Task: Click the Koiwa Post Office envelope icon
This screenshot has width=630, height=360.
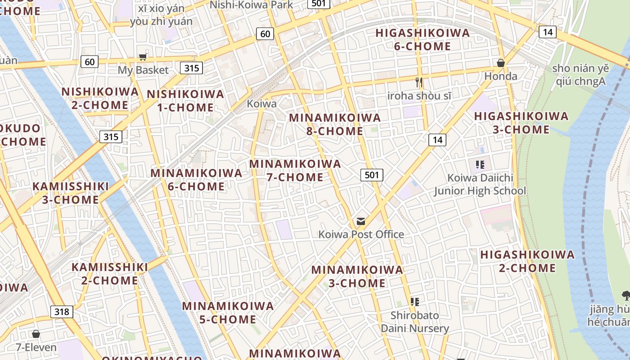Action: tap(360, 221)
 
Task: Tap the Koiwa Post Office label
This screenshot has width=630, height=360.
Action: tap(361, 234)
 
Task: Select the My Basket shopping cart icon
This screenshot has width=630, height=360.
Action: tap(143, 57)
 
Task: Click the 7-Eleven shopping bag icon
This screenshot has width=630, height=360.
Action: tap(36, 334)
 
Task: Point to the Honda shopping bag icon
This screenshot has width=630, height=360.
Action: tap(500, 63)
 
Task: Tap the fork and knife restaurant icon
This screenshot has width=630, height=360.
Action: tap(419, 82)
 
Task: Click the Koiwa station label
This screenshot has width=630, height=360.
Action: tap(261, 103)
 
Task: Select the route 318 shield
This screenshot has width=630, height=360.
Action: tap(62, 311)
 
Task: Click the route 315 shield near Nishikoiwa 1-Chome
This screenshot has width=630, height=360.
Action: tap(191, 68)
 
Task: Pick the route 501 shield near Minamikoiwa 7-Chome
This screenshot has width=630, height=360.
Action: tap(372, 175)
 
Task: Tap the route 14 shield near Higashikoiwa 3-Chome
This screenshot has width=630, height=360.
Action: tap(436, 140)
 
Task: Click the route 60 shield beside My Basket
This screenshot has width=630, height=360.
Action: tap(90, 62)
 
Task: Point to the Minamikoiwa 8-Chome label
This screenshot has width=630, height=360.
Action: tap(334, 124)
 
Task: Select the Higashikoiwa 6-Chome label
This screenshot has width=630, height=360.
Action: tap(422, 40)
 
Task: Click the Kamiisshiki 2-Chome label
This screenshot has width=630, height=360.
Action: tap(109, 274)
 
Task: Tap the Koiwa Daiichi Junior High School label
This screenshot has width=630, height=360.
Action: tap(480, 184)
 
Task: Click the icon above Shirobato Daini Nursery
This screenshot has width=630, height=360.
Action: tap(415, 301)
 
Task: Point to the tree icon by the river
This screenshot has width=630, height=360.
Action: tap(625, 295)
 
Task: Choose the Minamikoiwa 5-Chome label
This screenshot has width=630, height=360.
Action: tap(228, 313)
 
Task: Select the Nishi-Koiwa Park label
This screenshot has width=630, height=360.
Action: tap(252, 5)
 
